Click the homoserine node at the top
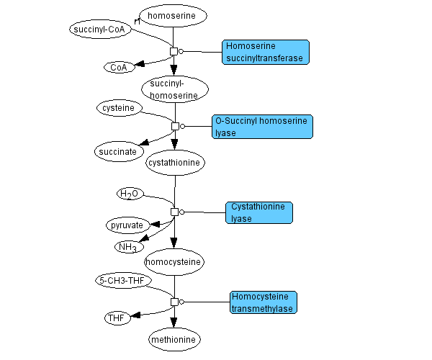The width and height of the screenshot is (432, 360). point(172,15)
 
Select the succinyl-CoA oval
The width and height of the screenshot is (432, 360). point(99,30)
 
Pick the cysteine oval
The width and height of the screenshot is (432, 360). point(119,108)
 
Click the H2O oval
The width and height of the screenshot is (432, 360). point(130,194)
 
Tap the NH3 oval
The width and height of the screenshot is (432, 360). point(127,247)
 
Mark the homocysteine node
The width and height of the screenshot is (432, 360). point(174,261)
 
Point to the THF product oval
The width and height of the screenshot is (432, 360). point(117,318)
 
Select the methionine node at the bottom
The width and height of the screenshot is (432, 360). point(174,338)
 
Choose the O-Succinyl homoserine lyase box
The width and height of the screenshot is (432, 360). point(263,127)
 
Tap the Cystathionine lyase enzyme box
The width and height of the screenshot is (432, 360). point(259,212)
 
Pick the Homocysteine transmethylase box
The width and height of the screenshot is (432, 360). point(264,302)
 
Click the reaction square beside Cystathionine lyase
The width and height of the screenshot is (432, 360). point(174,212)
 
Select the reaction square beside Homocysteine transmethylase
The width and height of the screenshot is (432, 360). point(174,302)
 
